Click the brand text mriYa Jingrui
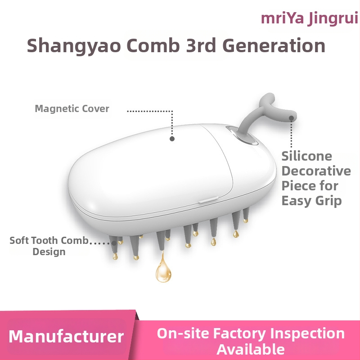310,19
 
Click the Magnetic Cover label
72,109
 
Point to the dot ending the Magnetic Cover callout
172,139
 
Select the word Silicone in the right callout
307,156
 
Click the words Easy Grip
312,200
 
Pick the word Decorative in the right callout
316,171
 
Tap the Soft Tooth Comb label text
49,240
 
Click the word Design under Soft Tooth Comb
49,252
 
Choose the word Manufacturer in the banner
66,337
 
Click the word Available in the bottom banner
251,349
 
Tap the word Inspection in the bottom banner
307,333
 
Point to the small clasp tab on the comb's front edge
206,198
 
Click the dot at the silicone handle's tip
292,118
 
